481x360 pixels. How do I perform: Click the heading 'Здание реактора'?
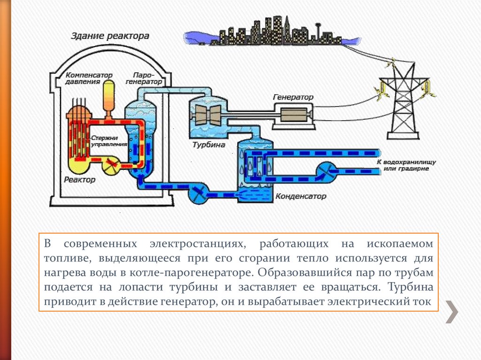pos(110,36)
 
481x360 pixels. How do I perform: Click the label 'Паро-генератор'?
pos(147,78)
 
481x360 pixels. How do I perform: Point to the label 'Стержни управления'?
pos(109,141)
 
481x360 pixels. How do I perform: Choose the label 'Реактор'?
pos(79,180)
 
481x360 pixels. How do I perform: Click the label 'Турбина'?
pos(209,145)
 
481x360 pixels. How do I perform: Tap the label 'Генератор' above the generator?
pos(293,97)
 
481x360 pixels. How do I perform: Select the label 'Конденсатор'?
pos(300,197)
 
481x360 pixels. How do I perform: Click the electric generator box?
pos(293,114)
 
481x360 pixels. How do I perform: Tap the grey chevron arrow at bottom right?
pos(452,311)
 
